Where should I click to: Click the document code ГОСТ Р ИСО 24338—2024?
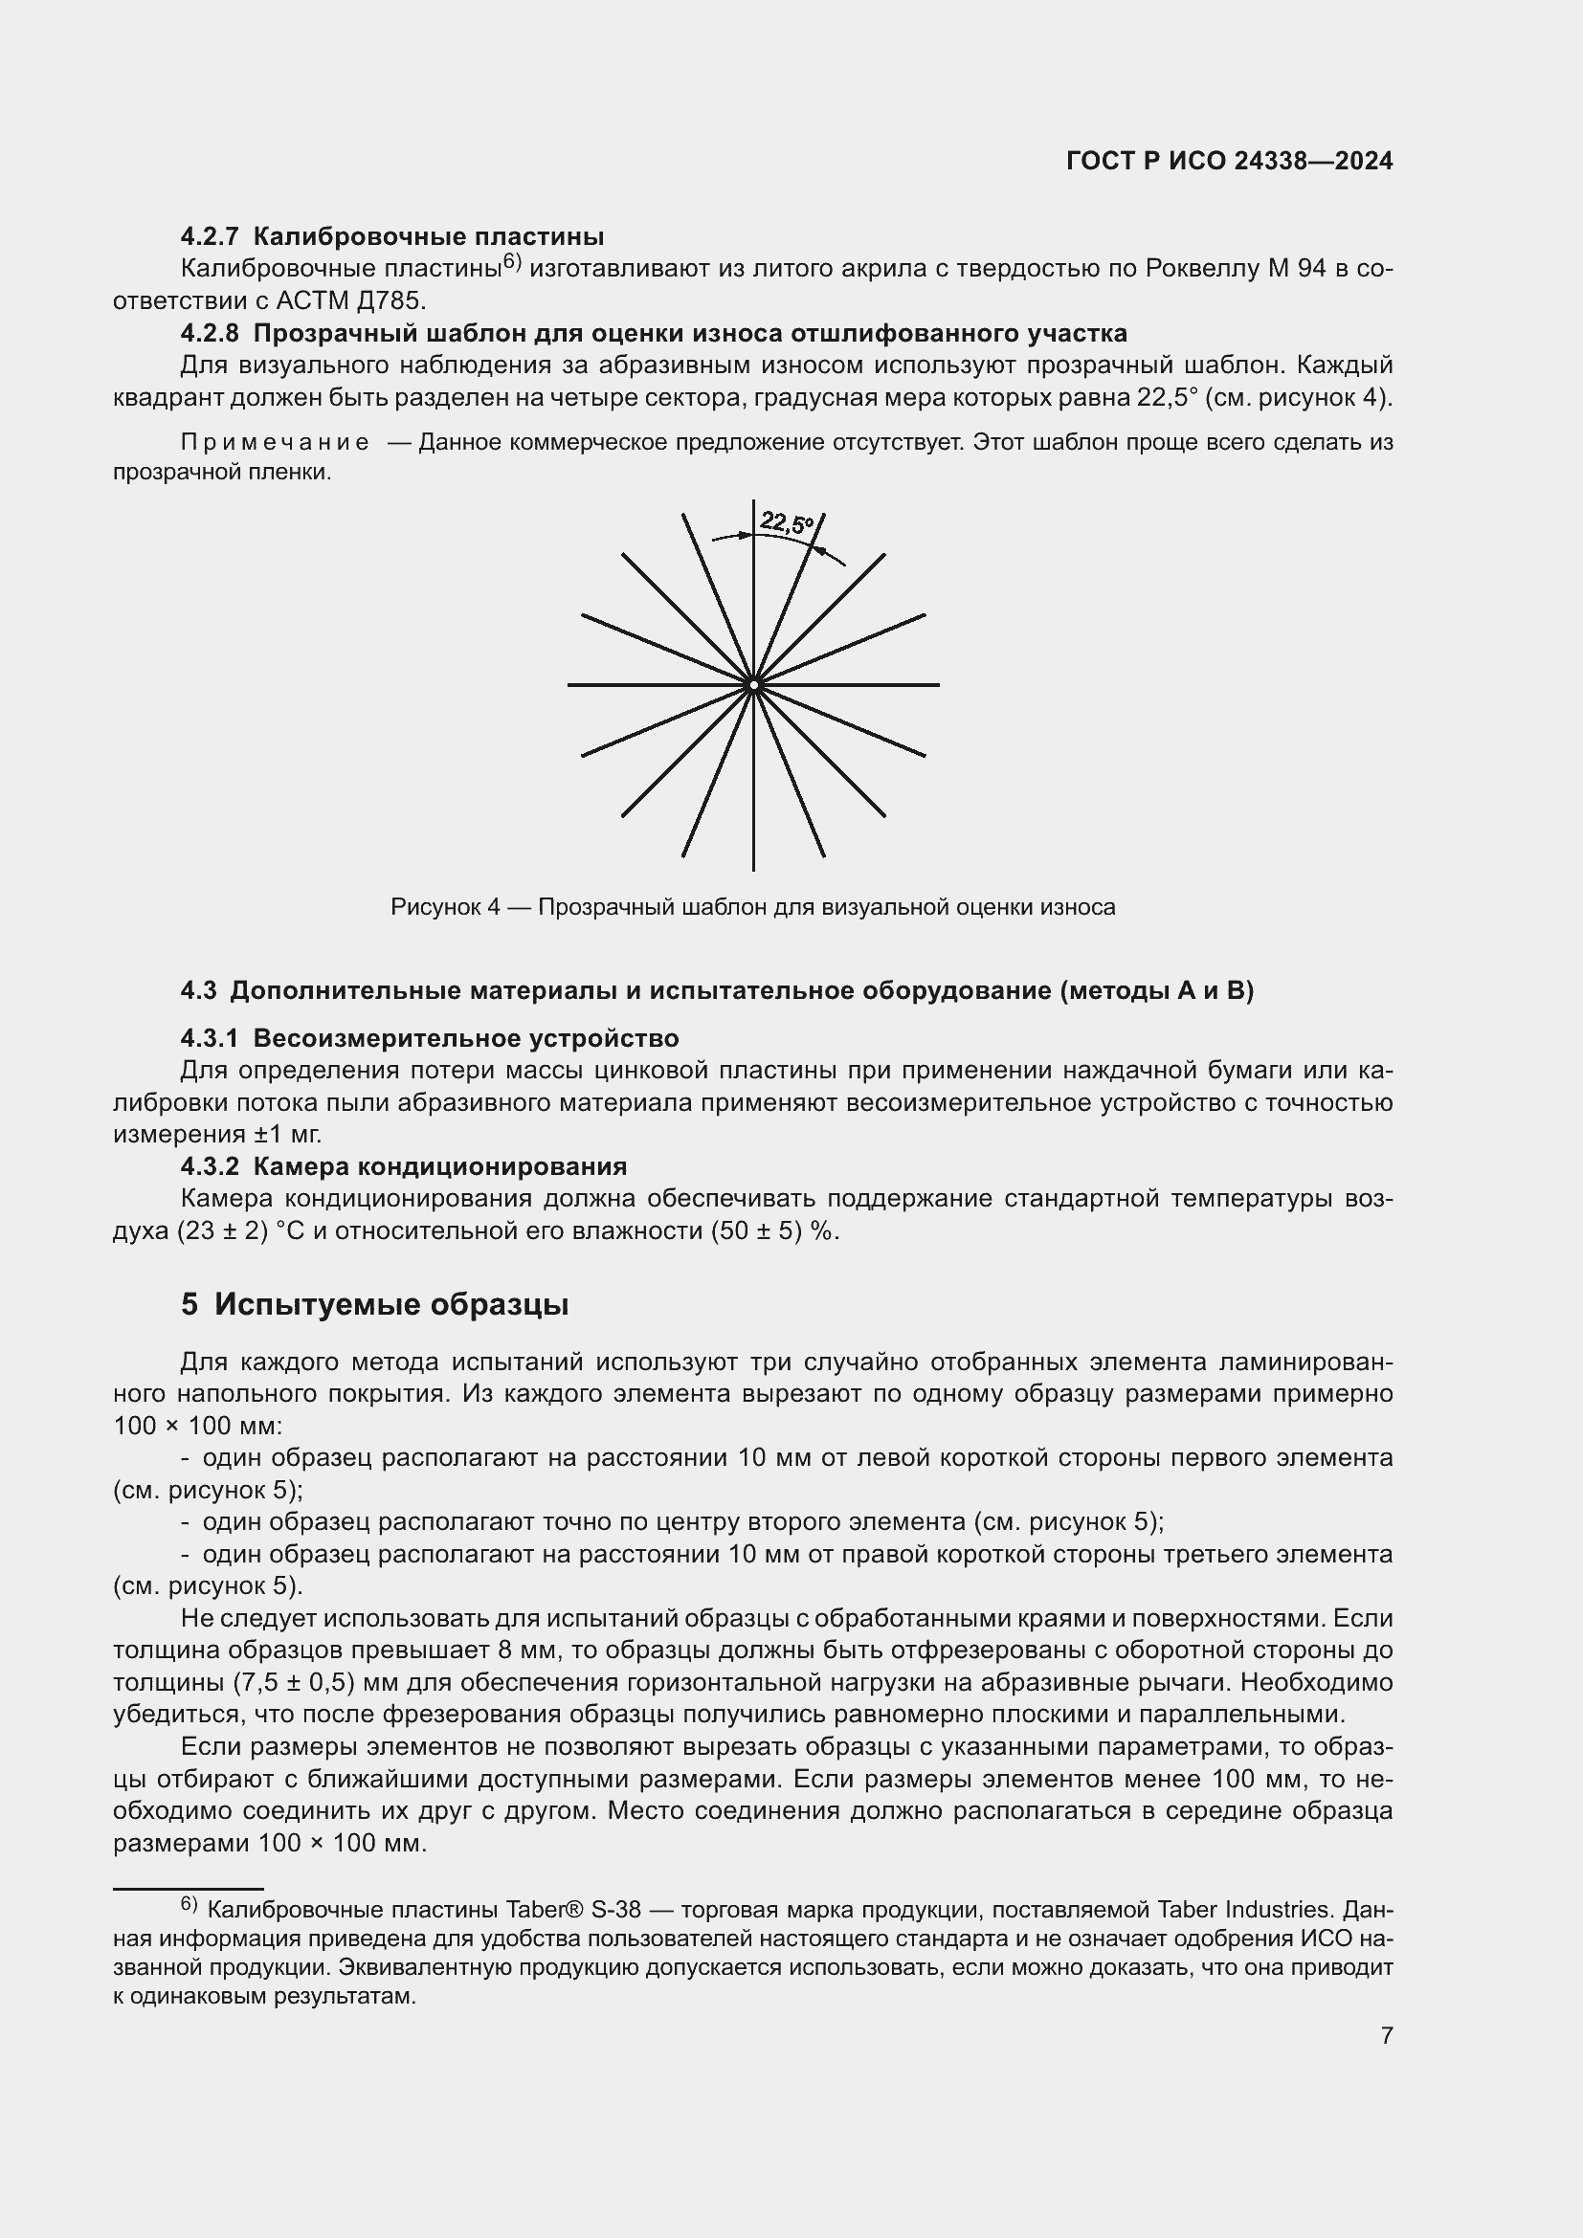(x=1229, y=162)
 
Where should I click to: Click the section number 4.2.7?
(x=209, y=237)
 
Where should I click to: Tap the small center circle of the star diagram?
(x=753, y=685)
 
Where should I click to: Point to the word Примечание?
(x=275, y=443)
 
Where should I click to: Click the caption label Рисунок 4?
(x=444, y=907)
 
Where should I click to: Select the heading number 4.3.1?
(x=209, y=1038)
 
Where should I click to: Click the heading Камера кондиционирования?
(x=439, y=1166)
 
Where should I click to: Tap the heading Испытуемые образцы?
(x=390, y=1304)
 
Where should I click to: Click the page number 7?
(x=1386, y=2035)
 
